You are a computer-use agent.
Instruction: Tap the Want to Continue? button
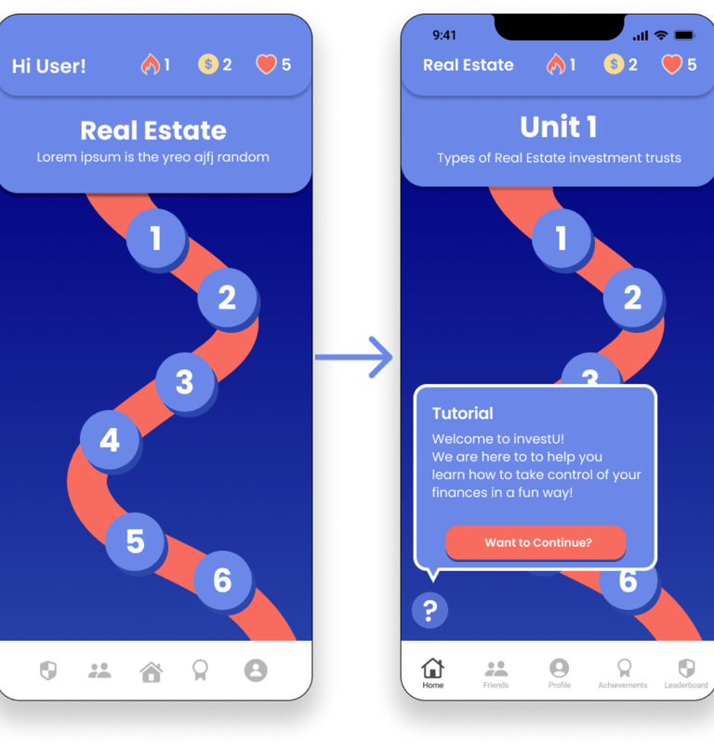click(535, 542)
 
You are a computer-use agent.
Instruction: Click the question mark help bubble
click(430, 611)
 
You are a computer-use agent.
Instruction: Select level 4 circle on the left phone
click(110, 439)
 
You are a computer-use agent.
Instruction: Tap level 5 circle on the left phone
click(135, 540)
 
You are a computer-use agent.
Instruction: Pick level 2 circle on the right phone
click(632, 298)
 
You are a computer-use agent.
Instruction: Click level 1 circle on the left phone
click(155, 238)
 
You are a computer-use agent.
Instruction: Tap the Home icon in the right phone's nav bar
click(432, 670)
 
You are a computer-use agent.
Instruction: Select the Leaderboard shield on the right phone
click(686, 670)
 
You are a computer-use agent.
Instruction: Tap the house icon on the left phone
click(151, 671)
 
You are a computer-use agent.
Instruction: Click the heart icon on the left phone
click(267, 64)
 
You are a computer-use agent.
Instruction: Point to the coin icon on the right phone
click(614, 64)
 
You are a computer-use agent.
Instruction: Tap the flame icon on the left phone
click(150, 64)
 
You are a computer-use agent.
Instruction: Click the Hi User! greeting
click(48, 66)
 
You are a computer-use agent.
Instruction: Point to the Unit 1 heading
click(559, 127)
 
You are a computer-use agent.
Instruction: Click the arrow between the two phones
click(354, 357)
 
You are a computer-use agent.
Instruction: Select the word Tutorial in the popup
click(463, 413)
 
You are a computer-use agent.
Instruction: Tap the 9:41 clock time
click(444, 35)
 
